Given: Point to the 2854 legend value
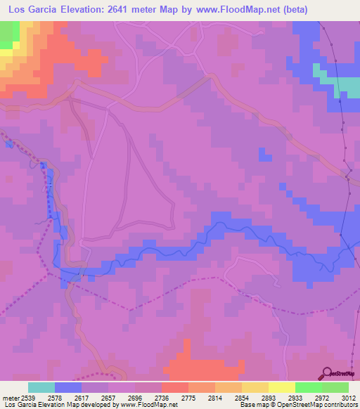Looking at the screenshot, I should (x=236, y=397).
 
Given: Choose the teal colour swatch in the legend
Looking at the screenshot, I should (x=41, y=387).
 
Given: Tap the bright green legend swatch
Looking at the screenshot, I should (x=309, y=387).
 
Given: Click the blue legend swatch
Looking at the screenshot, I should (x=68, y=387).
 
